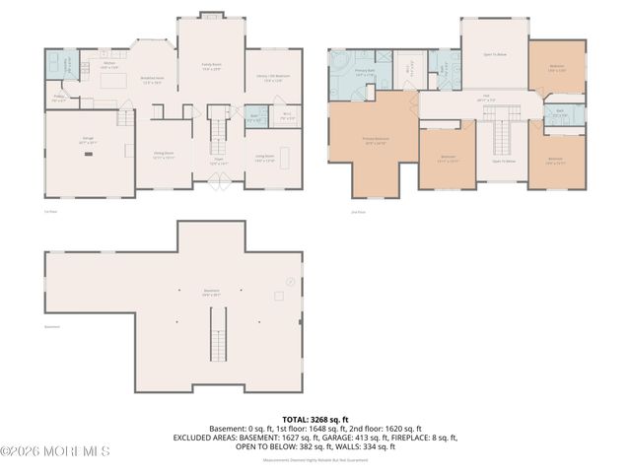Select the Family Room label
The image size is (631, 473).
click(210, 67)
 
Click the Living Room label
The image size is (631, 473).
click(265, 157)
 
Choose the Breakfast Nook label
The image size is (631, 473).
click(151, 82)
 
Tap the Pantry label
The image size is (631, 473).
click(59, 99)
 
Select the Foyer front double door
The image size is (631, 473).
click(219, 180)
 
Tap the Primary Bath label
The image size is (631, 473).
click(364, 72)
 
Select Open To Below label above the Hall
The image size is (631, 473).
click(494, 55)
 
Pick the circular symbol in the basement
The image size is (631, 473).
click(291, 281)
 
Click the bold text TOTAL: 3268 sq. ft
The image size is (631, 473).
click(315, 419)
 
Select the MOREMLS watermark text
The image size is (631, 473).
click(56, 451)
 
